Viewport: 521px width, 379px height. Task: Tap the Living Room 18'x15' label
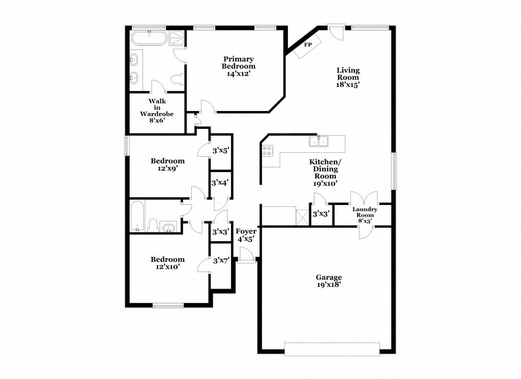point(348,77)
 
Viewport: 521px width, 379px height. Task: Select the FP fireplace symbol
point(308,45)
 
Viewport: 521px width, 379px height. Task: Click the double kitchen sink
point(319,143)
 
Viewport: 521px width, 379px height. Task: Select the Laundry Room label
point(365,215)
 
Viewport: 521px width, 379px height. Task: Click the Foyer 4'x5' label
point(245,235)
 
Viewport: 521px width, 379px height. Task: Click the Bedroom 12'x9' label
point(167,166)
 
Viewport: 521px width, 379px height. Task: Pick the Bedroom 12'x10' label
point(167,263)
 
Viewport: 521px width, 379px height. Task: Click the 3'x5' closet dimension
point(220,151)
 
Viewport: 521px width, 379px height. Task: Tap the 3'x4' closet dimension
point(220,182)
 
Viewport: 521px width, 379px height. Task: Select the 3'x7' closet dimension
point(221,260)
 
